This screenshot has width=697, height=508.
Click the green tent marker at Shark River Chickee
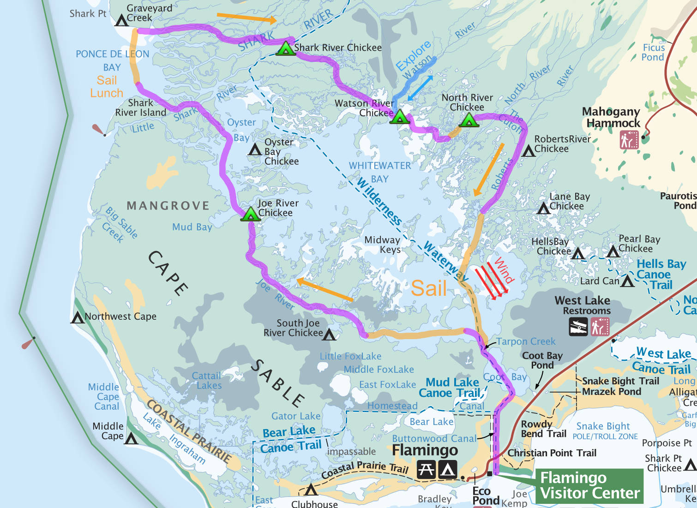[x=286, y=48]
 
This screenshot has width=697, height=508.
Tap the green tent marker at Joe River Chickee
[x=251, y=214]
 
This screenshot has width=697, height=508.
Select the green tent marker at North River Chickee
[x=469, y=120]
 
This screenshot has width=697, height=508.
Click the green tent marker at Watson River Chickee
[x=400, y=117]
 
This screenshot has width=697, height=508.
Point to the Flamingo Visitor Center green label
[x=589, y=485]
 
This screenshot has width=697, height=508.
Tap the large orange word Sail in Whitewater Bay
[x=429, y=288]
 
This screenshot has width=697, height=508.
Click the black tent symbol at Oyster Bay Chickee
[x=255, y=149]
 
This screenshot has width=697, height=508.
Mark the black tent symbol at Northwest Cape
[x=77, y=317]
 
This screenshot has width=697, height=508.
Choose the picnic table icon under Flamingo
[x=426, y=470]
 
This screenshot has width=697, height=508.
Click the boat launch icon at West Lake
[x=578, y=327]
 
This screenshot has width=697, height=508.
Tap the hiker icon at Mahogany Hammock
[x=629, y=140]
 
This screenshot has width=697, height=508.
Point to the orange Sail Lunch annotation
[x=107, y=87]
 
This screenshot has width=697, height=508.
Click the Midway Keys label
[x=382, y=245]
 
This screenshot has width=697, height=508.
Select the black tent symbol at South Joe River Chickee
[x=329, y=334]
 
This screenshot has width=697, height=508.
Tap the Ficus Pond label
[x=653, y=53]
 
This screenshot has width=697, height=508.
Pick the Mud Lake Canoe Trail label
[x=452, y=388]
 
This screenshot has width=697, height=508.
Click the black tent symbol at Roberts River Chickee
[x=529, y=151]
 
